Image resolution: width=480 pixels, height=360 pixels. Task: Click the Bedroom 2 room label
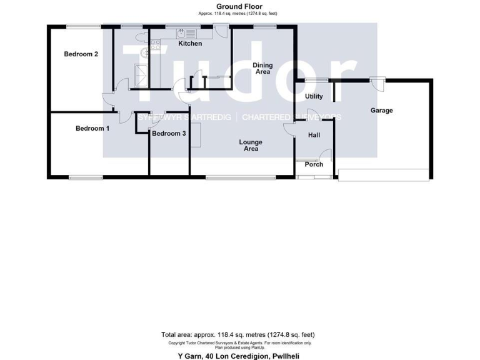81,54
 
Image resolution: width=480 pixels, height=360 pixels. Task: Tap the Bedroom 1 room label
92,129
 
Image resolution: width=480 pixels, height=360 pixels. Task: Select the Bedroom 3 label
169,134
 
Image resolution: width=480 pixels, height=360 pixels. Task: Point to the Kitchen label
190,44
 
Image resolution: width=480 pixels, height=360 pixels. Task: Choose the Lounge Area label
251,146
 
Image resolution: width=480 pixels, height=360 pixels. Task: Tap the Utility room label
314,97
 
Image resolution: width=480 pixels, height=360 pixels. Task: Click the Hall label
314,135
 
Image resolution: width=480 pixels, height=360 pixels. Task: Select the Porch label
314,164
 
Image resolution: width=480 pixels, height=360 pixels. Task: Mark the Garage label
381,111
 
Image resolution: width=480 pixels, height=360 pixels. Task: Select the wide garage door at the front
383,174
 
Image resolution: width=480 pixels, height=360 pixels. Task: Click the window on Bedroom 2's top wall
84,26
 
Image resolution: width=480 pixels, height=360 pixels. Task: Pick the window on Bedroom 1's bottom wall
86,177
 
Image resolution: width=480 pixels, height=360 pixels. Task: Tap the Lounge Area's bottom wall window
240,177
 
